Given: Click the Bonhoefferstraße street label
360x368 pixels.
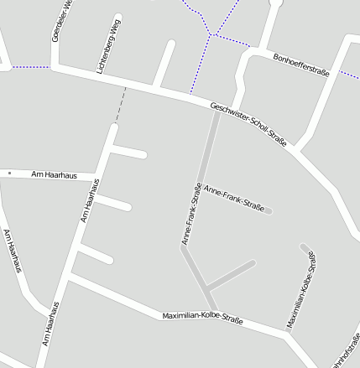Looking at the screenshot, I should pyautogui.click(x=301, y=64).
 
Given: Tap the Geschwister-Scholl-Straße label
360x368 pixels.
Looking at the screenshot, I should pyautogui.click(x=248, y=124).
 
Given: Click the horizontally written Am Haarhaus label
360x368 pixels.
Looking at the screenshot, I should pyautogui.click(x=54, y=174).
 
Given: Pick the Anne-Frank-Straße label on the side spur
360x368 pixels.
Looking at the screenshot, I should pyautogui.click(x=234, y=200).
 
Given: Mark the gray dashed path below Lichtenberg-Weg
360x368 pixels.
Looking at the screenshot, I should pyautogui.click(x=120, y=104).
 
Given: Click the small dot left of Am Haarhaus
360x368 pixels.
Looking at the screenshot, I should pyautogui.click(x=9, y=173).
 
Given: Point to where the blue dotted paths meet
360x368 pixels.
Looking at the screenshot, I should pyautogui.click(x=215, y=35).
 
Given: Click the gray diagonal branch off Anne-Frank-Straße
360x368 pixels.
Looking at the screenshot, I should pyautogui.click(x=230, y=274).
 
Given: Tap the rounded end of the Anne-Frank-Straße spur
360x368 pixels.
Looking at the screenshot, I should pyautogui.click(x=269, y=210).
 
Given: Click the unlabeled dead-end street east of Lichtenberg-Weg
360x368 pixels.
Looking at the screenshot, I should pyautogui.click(x=163, y=63).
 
